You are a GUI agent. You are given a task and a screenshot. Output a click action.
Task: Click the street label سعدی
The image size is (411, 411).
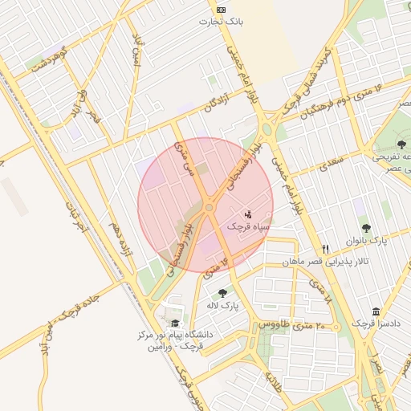point(309,165)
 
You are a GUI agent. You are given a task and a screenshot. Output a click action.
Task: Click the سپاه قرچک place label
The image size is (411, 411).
point(246,227)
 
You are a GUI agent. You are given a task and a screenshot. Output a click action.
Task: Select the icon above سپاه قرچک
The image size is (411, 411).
point(248,214)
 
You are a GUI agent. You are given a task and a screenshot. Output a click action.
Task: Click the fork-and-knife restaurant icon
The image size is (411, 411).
point(325,249)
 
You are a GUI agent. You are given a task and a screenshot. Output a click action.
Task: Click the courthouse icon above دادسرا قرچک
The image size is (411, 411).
point(376,311)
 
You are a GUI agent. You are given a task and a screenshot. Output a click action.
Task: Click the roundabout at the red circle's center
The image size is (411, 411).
point(209,207)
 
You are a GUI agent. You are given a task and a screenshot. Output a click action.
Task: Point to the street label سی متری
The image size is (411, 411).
point(185,156)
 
